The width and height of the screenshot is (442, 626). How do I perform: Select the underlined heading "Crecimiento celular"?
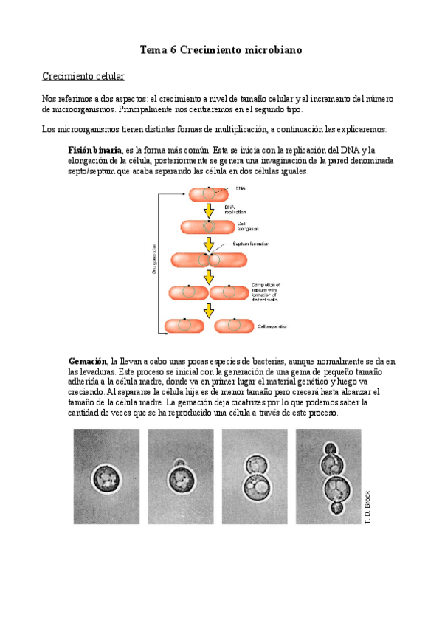point(83,76)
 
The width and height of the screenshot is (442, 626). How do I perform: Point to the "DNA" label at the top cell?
point(241,188)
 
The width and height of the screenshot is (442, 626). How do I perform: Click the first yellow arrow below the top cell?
point(209,210)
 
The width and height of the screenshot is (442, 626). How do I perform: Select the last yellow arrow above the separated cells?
point(209,309)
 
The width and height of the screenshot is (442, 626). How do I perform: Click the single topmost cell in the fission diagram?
point(208,194)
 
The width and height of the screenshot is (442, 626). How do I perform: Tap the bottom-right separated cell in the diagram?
point(232,325)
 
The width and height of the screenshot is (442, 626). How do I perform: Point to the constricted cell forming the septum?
point(209,260)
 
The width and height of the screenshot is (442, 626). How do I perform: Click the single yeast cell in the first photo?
point(106,481)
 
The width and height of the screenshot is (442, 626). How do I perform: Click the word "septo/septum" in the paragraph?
point(93,171)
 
